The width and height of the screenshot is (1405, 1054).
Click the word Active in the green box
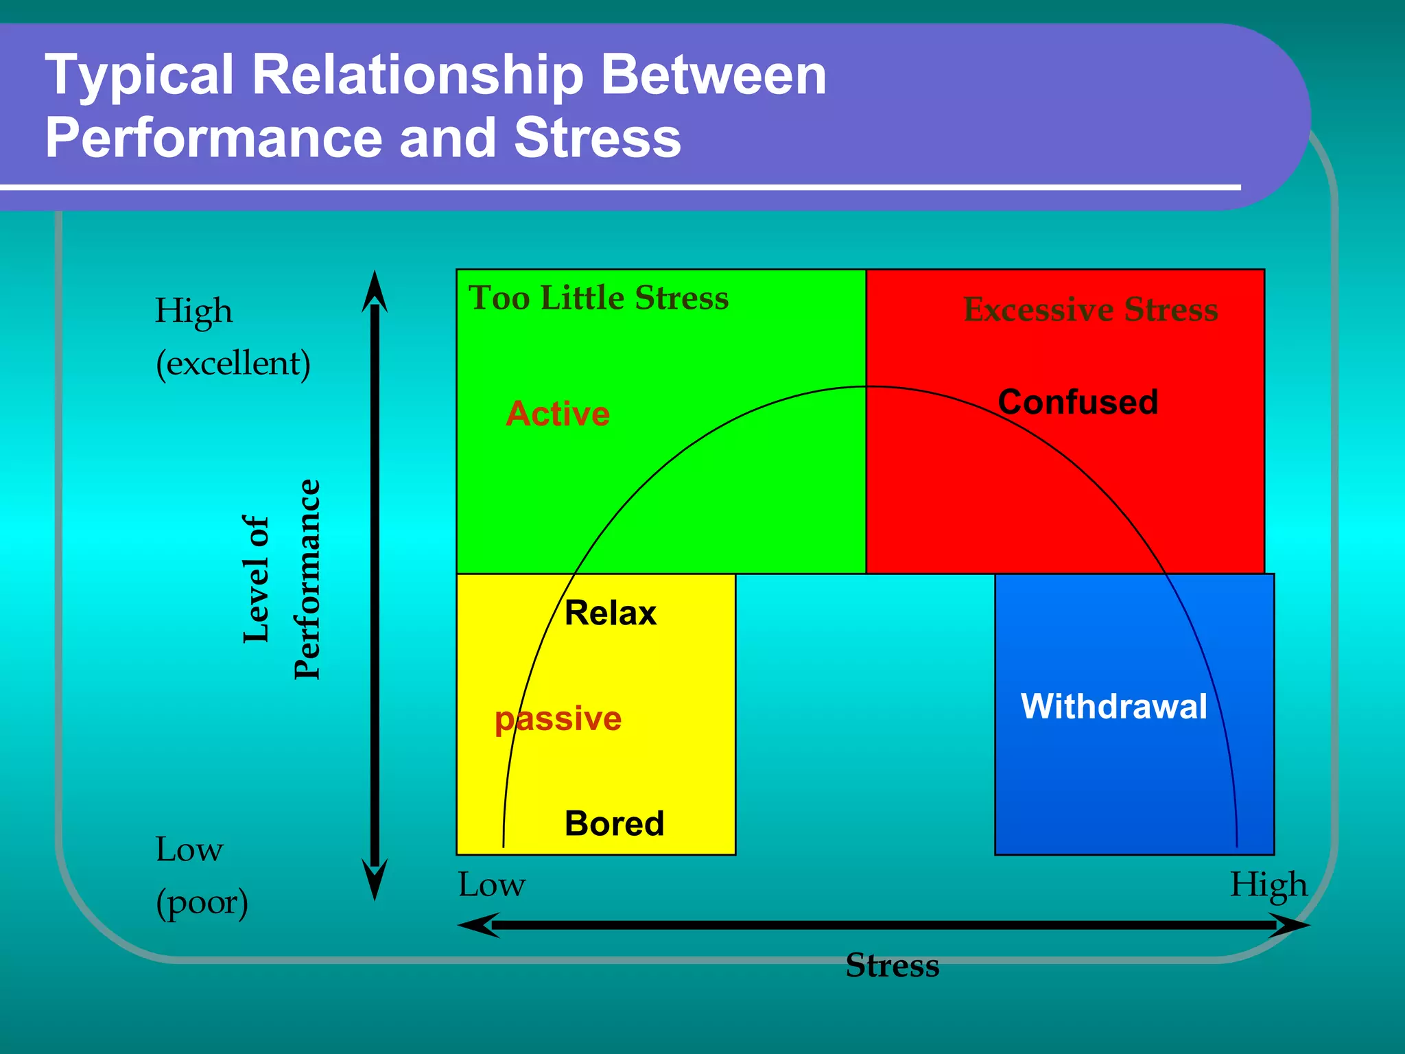(558, 414)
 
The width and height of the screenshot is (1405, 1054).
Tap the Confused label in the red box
(1078, 402)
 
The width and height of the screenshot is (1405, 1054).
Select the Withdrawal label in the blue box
(1113, 706)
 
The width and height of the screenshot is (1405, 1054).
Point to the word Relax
(610, 613)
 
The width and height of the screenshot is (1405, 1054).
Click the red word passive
(558, 718)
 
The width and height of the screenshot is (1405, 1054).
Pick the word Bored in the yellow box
(614, 823)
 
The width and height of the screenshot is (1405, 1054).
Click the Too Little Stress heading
(598, 298)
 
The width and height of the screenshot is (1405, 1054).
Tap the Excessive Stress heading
(1090, 309)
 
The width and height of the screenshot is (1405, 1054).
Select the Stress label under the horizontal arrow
(892, 965)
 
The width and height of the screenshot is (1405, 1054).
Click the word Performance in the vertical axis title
(307, 579)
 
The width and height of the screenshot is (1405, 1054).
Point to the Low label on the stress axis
(491, 885)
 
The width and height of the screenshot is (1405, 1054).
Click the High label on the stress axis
(1268, 885)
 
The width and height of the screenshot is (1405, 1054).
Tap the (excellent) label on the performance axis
(233, 364)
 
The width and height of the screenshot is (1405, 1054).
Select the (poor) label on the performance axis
(202, 903)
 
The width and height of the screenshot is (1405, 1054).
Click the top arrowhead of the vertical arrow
(375, 292)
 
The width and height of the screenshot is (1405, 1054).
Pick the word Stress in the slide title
(597, 137)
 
